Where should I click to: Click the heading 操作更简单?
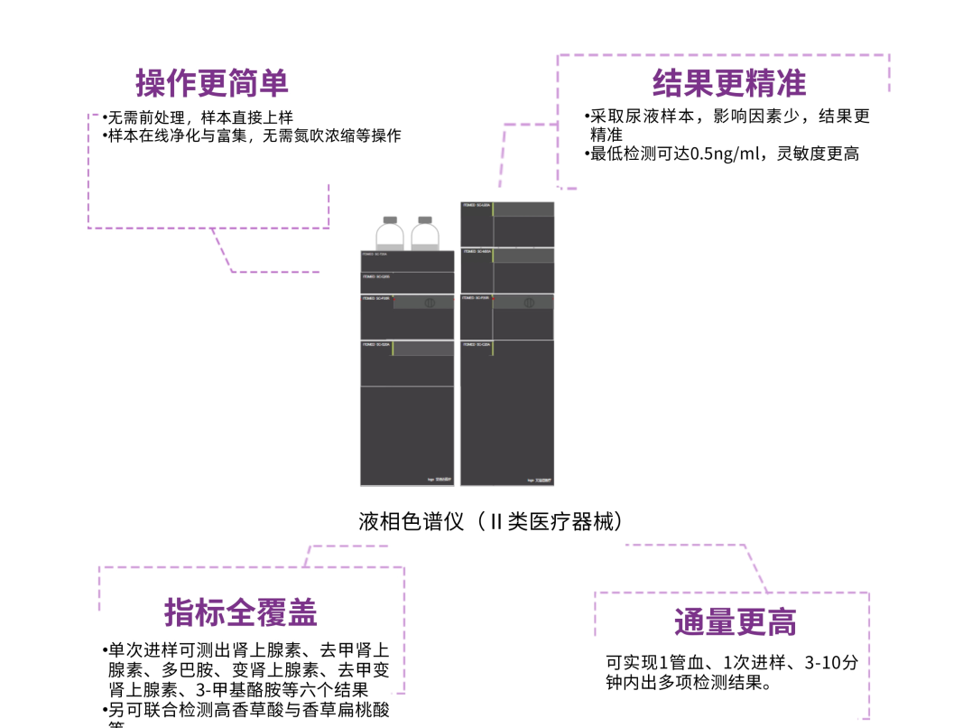212,84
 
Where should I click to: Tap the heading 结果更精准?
729,84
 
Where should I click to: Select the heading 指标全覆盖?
241,612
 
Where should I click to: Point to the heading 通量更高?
735,622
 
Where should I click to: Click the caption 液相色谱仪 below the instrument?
411,522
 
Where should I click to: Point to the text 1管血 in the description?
675,663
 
